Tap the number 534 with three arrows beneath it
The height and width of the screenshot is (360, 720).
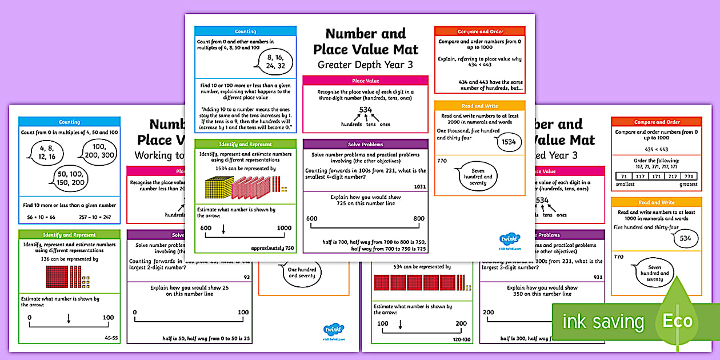click(366, 110)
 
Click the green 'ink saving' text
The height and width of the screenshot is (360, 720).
click(603, 322)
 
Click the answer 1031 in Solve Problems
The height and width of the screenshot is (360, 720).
click(419, 187)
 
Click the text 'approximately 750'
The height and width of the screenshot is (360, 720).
click(273, 248)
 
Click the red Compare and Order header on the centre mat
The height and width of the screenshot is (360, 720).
click(479, 31)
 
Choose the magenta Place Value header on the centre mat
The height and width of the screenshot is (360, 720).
click(365, 81)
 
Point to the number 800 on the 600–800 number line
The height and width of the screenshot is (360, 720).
click(419, 218)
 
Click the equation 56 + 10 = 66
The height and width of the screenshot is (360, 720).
click(42, 218)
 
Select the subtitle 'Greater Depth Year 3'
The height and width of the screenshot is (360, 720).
click(365, 65)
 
